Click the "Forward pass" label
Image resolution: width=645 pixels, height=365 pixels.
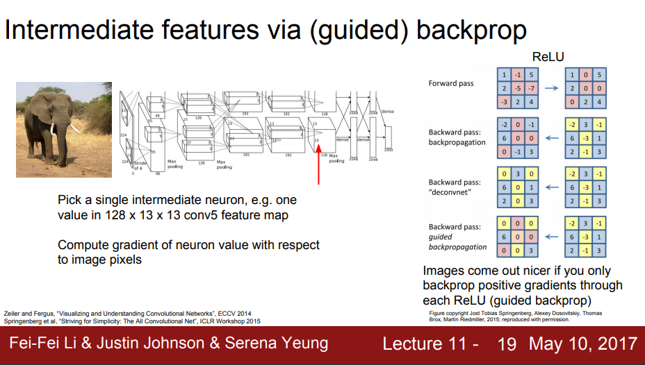point(451,83)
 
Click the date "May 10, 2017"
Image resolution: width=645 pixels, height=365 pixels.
point(582,343)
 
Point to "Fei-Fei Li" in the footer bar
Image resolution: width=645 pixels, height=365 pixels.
point(42,343)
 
